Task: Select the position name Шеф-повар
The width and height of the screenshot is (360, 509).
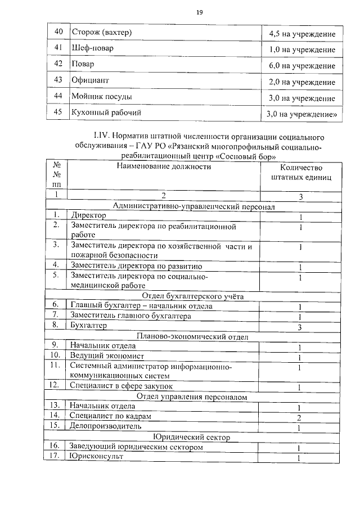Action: coord(93,48)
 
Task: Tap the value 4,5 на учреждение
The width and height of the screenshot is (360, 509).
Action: coord(302,34)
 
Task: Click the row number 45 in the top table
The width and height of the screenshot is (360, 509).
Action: coord(57,112)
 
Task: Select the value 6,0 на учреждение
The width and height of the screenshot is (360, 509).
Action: coord(302,66)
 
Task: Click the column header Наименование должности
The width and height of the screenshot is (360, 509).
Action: coord(164,166)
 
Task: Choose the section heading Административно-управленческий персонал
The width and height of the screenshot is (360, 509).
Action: coord(193,206)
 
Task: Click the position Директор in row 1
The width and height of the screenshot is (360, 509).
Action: coord(88,216)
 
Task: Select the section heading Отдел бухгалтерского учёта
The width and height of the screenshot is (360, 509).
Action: coord(193,296)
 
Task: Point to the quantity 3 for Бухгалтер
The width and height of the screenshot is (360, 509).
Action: coord(301,327)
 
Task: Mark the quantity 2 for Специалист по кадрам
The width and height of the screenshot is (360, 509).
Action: coord(301,417)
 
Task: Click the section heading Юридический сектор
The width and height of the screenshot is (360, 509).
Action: coord(193,436)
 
